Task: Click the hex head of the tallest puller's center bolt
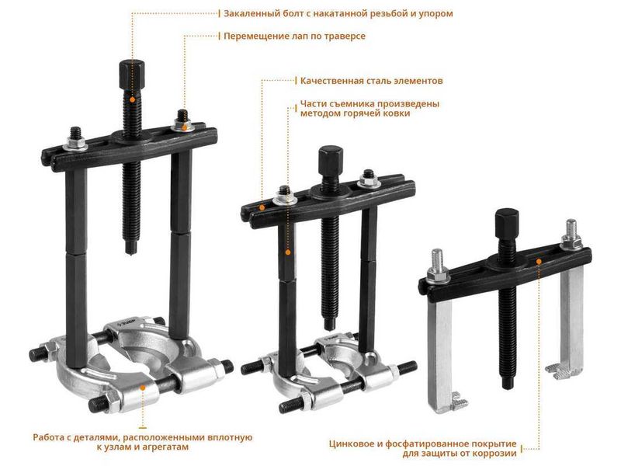point(131,75)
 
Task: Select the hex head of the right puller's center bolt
point(507,224)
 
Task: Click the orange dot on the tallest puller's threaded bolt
point(132,99)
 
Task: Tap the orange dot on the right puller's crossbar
point(538,261)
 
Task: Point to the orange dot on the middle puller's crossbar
point(262,207)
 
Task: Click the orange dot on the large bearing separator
point(143,387)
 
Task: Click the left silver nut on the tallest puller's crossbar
point(75,143)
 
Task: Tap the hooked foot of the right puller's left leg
point(457,403)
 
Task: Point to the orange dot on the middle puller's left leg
point(288,252)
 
